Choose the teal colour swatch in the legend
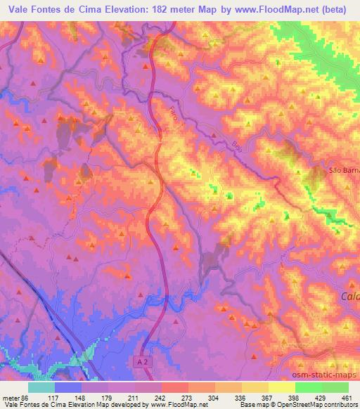pyautogui.click(x=41, y=387)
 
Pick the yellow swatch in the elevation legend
pyautogui.click(x=282, y=387)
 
